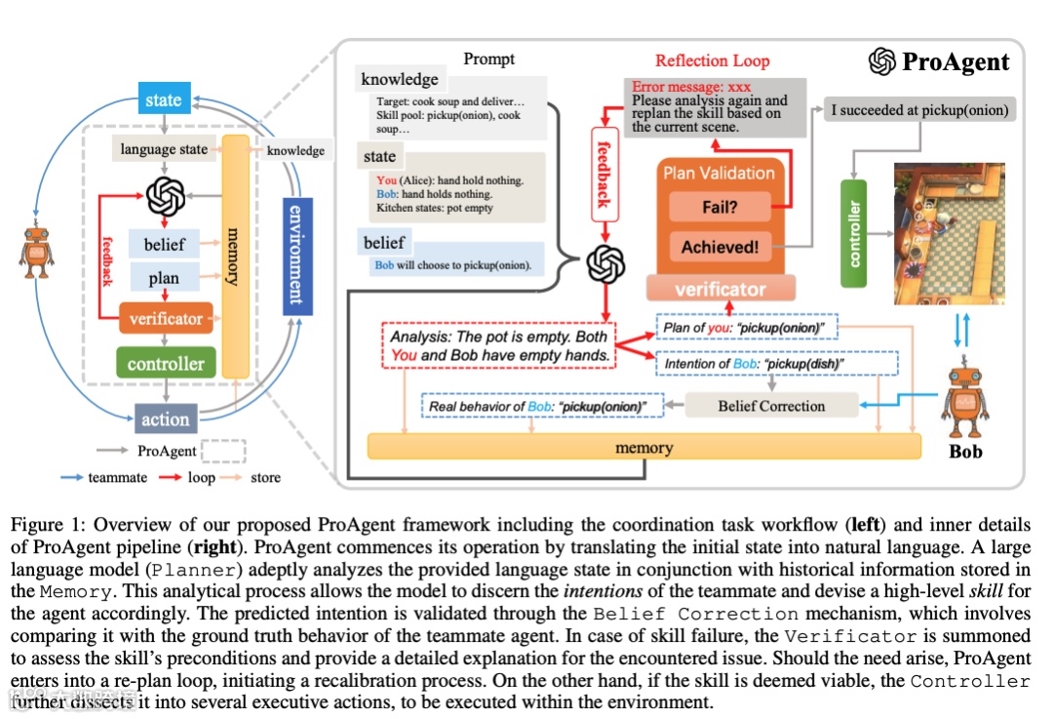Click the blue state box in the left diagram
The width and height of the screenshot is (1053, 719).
(x=163, y=100)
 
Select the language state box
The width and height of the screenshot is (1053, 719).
(x=163, y=150)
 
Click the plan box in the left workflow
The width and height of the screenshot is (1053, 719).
(x=164, y=278)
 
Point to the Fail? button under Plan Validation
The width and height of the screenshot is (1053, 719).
(x=720, y=207)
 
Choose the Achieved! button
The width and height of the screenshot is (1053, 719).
(x=720, y=247)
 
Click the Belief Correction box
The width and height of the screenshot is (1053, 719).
(x=770, y=406)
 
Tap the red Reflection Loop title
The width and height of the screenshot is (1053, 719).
(x=712, y=60)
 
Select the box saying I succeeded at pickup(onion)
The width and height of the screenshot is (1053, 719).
(x=919, y=109)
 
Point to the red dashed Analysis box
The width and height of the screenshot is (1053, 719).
(x=498, y=345)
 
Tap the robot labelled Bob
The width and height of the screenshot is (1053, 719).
(x=965, y=401)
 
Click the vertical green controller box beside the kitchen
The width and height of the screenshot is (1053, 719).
(x=854, y=233)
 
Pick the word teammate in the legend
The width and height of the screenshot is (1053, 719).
(x=116, y=477)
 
